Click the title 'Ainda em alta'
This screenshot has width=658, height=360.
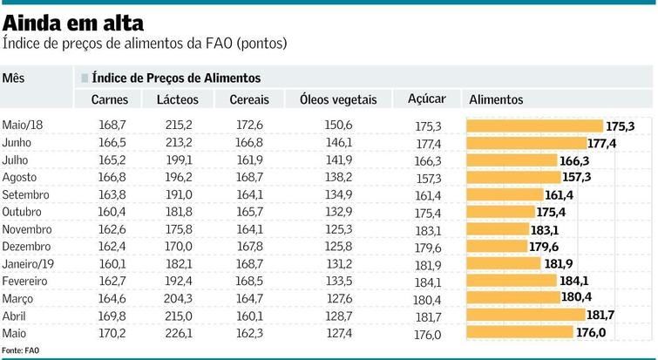[x=74, y=21]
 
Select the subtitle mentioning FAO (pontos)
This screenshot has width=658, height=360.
[x=145, y=43]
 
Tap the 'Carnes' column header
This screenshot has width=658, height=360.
[x=110, y=100]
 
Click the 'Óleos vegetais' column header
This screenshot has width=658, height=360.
[x=337, y=100]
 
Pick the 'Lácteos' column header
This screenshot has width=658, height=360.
[x=178, y=100]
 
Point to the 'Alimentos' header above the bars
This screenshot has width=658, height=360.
[x=496, y=100]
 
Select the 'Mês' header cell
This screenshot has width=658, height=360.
[x=14, y=78]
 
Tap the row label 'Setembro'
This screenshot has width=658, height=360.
[x=26, y=194]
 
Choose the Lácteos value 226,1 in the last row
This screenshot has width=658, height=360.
[x=179, y=332]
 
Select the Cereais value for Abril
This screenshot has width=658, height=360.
[x=249, y=315]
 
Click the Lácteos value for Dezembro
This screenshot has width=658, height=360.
[x=179, y=247]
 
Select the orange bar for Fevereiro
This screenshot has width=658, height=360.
[x=512, y=280]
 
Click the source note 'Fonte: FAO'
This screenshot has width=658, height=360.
[x=21, y=350]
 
